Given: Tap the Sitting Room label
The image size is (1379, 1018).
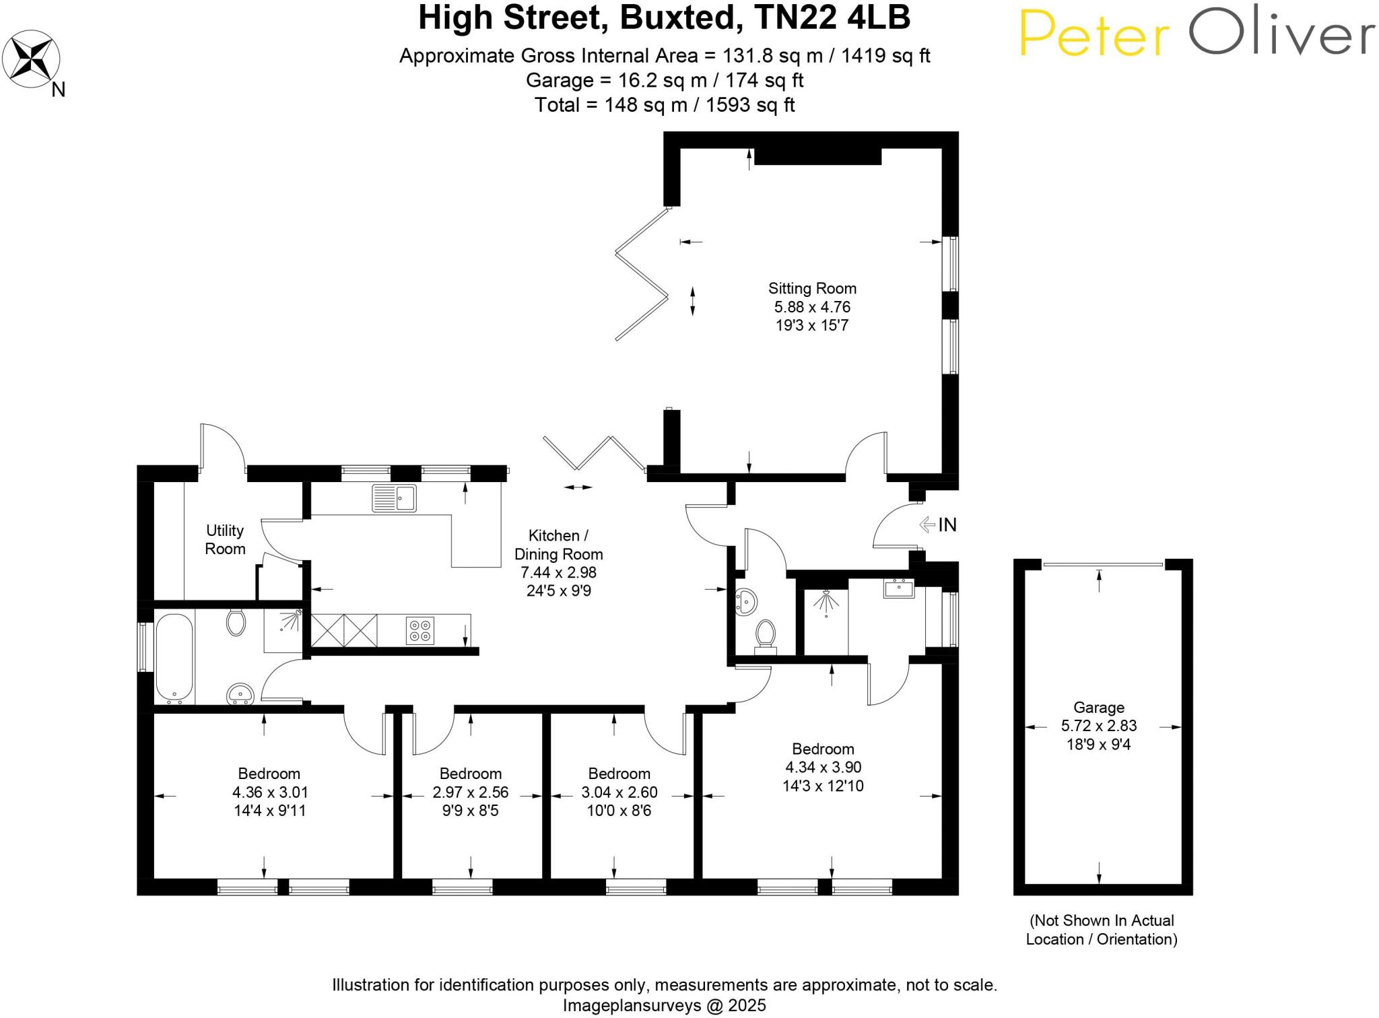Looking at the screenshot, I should pos(812,289).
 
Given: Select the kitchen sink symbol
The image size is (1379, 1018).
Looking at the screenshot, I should pos(395,498).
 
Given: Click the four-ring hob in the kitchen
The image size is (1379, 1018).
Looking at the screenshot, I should pos(420,630).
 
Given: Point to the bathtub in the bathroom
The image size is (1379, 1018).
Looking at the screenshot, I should pos(174,657).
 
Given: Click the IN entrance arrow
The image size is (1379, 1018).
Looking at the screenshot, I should pos(939,524).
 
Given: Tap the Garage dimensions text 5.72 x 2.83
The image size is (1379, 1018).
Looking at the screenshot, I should pos(1099,726).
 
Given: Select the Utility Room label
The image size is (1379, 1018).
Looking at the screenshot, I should pos(225,540).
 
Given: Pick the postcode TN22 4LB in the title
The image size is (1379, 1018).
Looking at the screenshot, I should pos(833,18).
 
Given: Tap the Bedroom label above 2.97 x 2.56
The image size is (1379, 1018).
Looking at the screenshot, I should pos(471,774).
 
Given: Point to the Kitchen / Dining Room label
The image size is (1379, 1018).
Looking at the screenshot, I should pos(558,545).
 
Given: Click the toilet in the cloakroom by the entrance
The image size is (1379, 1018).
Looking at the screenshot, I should pos(766,635).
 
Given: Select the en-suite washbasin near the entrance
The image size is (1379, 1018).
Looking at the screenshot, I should pos(899,589).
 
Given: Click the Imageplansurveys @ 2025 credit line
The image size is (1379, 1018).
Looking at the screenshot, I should pos(664,1005).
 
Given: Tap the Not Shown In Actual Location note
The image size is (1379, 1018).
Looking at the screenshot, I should pos(1102,930).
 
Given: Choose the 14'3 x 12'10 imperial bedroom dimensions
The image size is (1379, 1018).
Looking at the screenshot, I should pos(823,786).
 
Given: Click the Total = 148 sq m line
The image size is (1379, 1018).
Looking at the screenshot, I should pos(664,105).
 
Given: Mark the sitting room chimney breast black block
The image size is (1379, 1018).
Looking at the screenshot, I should pos(817,156).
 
